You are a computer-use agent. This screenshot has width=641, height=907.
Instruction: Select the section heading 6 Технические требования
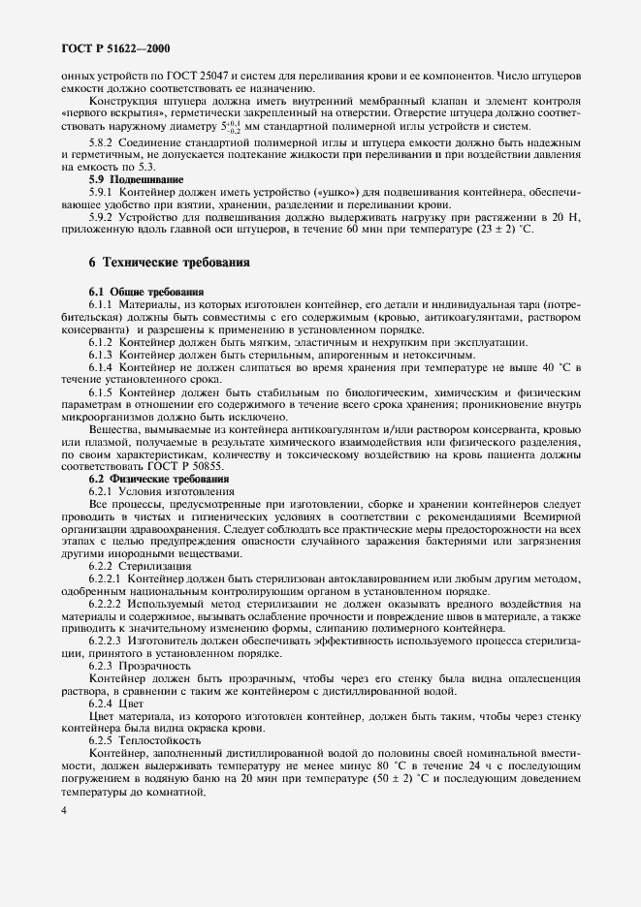pyautogui.click(x=169, y=262)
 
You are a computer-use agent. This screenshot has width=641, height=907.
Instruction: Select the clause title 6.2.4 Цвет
pyautogui.click(x=115, y=704)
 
